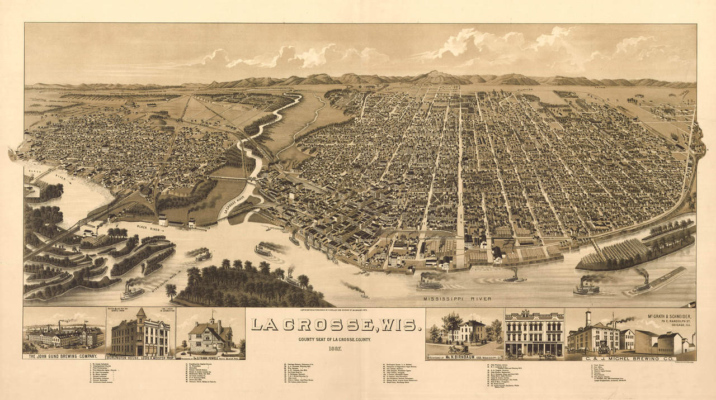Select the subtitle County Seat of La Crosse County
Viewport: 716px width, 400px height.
335,340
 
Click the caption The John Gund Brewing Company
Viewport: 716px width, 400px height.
63,356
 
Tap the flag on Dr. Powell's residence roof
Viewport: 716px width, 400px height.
211,317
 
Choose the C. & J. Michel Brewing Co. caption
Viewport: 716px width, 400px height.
630,358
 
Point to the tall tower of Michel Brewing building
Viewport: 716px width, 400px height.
588,320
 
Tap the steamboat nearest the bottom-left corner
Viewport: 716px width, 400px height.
133,292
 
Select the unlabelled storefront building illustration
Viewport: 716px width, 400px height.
534,334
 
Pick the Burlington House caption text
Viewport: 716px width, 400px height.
140,356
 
